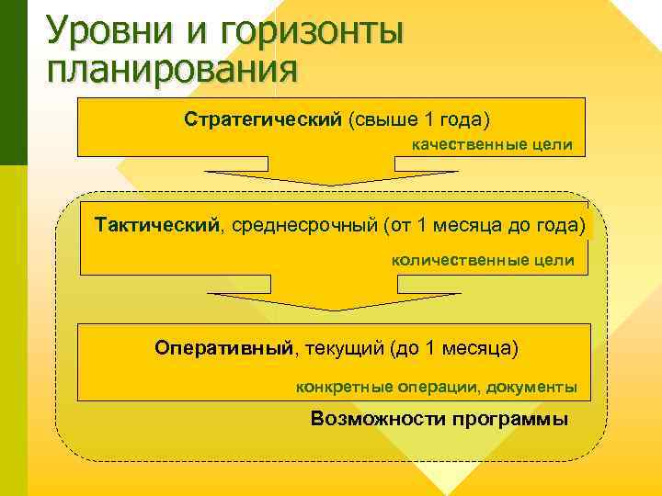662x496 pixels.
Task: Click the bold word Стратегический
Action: click(263, 120)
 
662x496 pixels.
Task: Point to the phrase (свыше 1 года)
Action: click(419, 120)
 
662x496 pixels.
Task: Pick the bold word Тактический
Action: click(157, 225)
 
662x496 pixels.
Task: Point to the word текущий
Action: click(343, 348)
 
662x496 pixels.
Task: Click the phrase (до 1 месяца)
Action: click(454, 348)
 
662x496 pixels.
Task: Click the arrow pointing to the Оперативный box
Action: click(333, 299)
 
